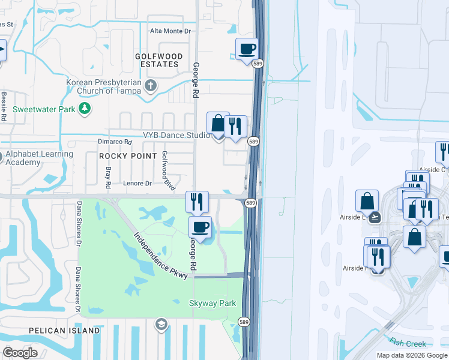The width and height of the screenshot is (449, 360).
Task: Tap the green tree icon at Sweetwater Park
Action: point(86,108)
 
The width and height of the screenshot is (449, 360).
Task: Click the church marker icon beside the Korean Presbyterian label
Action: point(151,87)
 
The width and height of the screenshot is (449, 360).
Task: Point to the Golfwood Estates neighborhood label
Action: point(157,60)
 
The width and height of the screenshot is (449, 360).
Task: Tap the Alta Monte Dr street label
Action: point(170,31)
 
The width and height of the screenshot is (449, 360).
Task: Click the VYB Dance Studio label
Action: point(176,135)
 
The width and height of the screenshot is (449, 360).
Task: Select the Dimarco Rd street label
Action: point(114,142)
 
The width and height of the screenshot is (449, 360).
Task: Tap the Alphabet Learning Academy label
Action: point(40,158)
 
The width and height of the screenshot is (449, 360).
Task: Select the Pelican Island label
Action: point(65,331)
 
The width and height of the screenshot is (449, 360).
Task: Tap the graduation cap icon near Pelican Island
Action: point(161,325)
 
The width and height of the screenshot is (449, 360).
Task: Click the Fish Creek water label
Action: point(408,343)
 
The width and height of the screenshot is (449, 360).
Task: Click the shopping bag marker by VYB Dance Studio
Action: point(218,124)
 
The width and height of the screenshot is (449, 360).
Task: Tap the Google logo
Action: point(20,353)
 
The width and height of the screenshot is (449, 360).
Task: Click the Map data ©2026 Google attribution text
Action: point(411,355)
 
